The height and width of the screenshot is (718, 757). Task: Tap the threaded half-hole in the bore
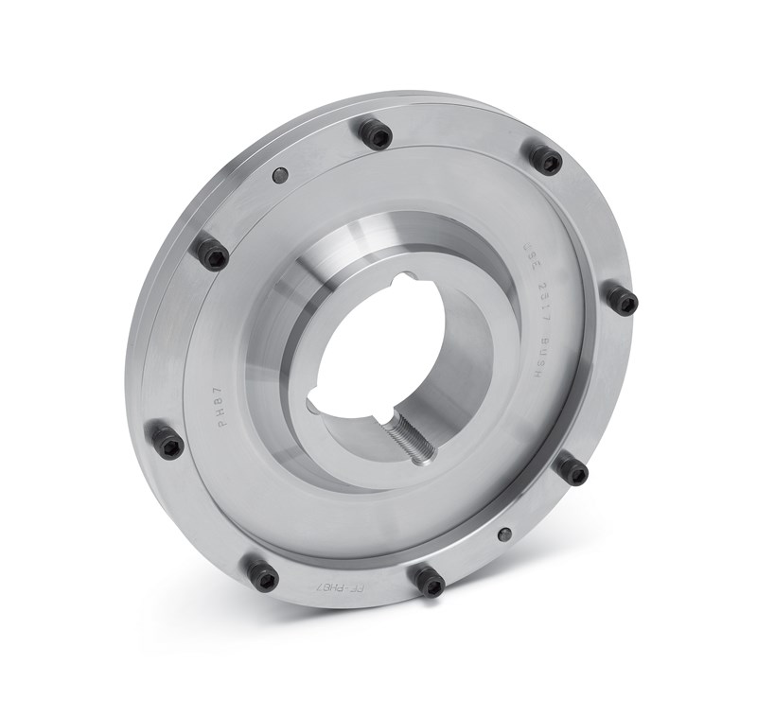[x=409, y=439]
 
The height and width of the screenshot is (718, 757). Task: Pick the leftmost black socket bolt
[x=167, y=441]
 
